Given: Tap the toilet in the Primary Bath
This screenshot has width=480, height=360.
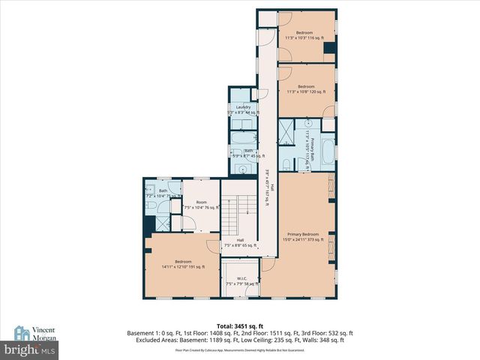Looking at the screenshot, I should [x=286, y=163].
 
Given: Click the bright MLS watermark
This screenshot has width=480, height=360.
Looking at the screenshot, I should [x=29, y=349].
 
